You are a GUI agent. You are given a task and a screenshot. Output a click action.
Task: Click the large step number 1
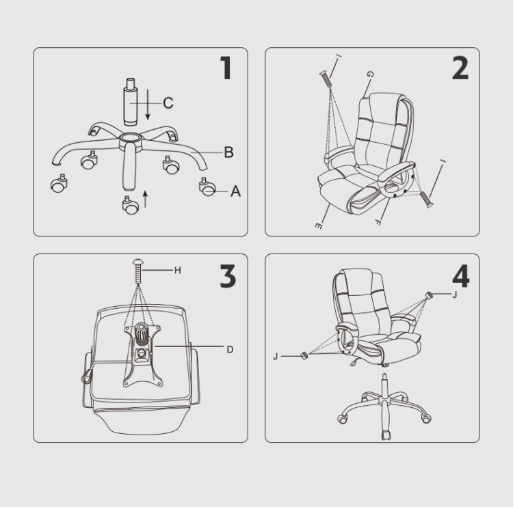[x=226, y=68]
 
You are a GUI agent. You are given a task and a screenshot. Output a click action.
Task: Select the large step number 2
[x=460, y=68]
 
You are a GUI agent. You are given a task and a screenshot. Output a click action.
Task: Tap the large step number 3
[x=228, y=277]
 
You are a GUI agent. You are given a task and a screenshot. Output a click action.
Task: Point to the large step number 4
[x=461, y=276]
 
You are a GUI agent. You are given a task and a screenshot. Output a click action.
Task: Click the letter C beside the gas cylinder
[x=168, y=103]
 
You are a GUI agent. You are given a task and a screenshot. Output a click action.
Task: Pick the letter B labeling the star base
[x=229, y=152]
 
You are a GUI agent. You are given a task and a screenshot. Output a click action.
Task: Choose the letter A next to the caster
[x=235, y=191]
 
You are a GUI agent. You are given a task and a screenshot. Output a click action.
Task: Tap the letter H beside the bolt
[x=178, y=271]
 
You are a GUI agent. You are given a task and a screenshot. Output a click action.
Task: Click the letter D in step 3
[x=230, y=350]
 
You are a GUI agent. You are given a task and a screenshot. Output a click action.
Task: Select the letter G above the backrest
[x=370, y=74]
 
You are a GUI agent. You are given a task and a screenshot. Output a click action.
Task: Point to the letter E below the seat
[x=318, y=225]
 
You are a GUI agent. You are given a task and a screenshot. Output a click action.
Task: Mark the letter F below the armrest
[x=378, y=222]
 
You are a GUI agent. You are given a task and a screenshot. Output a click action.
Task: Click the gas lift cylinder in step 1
[x=131, y=102]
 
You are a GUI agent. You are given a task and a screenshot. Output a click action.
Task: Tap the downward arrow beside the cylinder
[x=148, y=105]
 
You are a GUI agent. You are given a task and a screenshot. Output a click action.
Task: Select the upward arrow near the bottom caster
[x=145, y=199]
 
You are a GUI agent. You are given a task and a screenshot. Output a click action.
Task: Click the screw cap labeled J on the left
[x=304, y=355]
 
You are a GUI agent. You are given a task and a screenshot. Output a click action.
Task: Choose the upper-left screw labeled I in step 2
[x=324, y=79]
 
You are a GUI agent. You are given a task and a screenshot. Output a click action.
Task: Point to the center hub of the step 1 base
[x=131, y=139]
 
